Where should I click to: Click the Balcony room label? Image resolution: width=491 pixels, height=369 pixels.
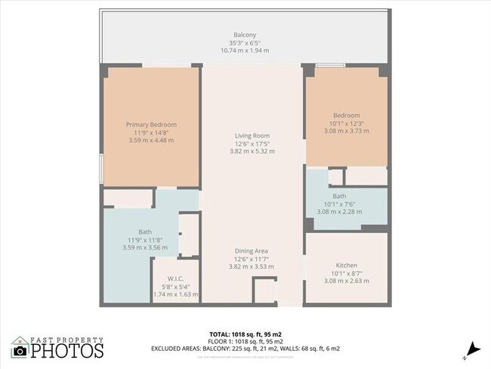(245, 35)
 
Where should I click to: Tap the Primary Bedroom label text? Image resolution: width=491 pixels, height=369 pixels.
(151, 124)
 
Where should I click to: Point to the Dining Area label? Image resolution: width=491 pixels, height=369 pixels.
(251, 251)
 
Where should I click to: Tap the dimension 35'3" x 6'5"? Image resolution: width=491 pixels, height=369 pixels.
(245, 42)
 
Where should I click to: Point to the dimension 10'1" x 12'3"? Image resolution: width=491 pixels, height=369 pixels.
(347, 123)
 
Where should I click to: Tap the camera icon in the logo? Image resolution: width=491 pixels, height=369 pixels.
(20, 351)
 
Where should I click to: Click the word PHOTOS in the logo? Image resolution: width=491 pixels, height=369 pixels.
(66, 351)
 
